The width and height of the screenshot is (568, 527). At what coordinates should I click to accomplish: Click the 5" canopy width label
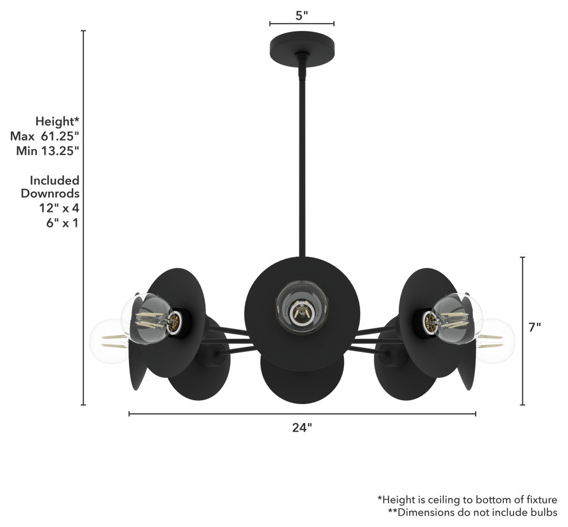(302, 15)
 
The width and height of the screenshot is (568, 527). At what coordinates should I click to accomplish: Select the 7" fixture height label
(534, 327)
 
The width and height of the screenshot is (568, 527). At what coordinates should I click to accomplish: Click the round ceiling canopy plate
(302, 45)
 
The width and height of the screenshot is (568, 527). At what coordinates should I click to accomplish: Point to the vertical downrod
(302, 161)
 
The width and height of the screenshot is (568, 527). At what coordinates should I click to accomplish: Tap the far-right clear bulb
(496, 340)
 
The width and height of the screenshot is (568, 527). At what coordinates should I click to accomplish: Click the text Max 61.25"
(44, 136)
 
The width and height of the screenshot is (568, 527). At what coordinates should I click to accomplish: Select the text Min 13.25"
(44, 151)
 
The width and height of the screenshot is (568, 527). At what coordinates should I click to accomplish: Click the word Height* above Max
(57, 121)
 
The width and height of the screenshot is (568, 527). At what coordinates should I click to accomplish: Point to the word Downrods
(50, 193)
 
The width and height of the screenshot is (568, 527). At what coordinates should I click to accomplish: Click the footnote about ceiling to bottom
(467, 500)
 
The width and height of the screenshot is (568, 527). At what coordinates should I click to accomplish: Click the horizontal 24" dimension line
(302, 413)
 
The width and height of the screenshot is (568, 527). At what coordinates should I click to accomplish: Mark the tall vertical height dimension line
(84, 218)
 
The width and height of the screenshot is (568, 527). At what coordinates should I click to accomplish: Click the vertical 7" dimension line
(523, 331)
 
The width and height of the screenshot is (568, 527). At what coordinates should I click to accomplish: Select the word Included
(55, 180)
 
